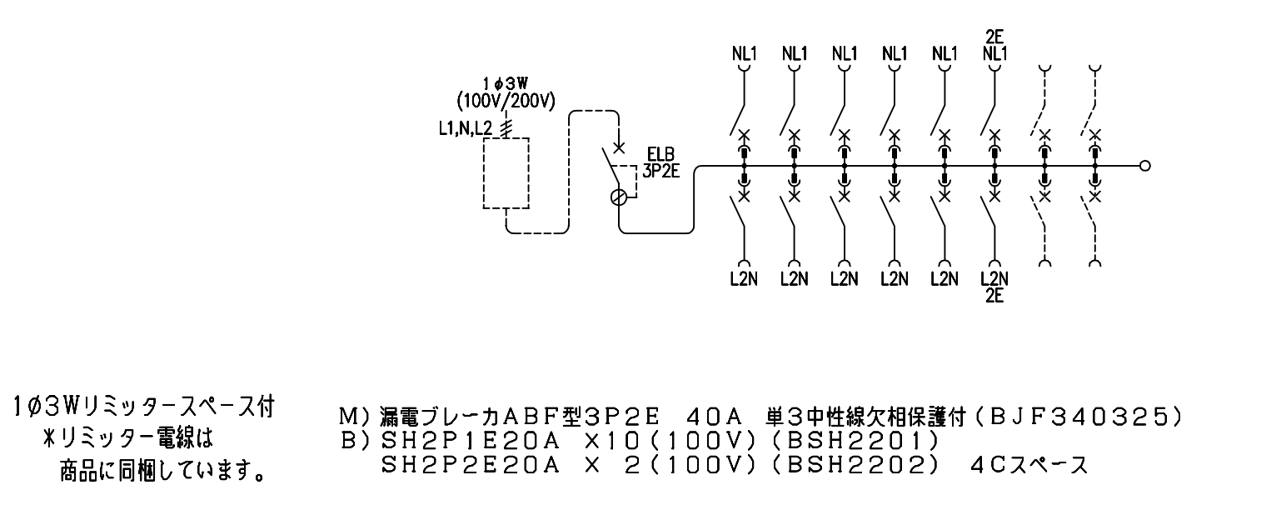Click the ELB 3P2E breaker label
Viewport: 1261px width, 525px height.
(660, 162)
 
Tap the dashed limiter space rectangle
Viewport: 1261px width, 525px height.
(484, 173)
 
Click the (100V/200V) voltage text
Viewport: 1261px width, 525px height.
(506, 101)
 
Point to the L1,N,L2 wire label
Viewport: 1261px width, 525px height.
(465, 129)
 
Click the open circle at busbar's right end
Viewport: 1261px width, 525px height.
(1144, 166)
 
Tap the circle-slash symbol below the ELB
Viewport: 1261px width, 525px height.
(618, 197)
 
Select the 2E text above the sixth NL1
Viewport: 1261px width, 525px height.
(994, 37)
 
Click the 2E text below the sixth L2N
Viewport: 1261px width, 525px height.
(994, 296)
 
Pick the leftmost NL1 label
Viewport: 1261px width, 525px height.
(745, 53)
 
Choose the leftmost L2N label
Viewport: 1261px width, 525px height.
(745, 279)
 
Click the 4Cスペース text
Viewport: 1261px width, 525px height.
(1029, 465)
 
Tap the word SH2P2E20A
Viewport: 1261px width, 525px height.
(471, 465)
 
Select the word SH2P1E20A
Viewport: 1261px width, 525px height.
(471, 441)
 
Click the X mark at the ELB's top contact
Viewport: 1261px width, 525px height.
(618, 148)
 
